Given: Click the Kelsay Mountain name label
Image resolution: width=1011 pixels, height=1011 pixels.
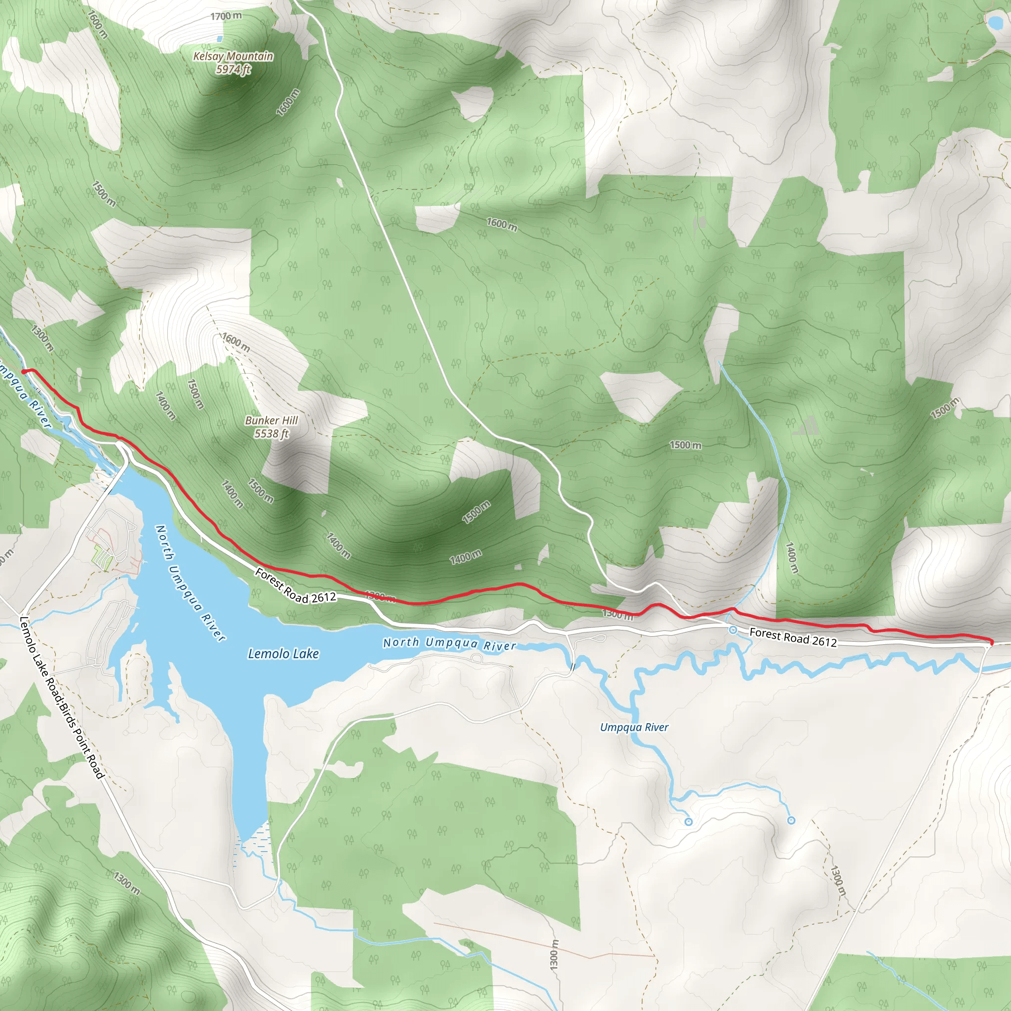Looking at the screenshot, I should point(233,56).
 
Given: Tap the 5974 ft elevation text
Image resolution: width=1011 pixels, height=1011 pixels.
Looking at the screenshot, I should point(233,69).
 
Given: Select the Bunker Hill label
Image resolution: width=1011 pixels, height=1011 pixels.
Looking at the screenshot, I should point(271,420).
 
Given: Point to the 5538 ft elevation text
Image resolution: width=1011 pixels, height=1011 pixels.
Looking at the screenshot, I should point(271,433).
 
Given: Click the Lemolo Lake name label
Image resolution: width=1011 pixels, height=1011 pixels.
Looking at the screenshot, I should point(283,654).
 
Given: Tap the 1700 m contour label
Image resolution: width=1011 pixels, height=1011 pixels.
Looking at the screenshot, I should point(226,16).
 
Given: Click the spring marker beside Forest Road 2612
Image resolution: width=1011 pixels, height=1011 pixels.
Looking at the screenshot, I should point(733,630).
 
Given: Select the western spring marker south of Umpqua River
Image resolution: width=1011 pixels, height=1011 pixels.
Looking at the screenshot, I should point(689,822).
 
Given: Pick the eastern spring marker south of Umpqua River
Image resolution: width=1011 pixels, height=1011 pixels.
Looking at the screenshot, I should point(791,820).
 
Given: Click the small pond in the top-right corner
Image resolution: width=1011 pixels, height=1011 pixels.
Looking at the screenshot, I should point(993,23).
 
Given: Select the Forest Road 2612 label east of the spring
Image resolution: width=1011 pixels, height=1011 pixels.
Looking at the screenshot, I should point(793,637).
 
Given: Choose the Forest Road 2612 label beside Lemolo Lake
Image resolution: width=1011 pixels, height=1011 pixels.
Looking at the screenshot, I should point(295,586).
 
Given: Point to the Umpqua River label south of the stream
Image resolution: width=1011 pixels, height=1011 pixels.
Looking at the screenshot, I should point(634,727).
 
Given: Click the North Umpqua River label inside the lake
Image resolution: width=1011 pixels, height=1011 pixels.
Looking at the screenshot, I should point(191,583).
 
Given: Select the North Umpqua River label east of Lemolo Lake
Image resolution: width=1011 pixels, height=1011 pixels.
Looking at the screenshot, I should point(449,644).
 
